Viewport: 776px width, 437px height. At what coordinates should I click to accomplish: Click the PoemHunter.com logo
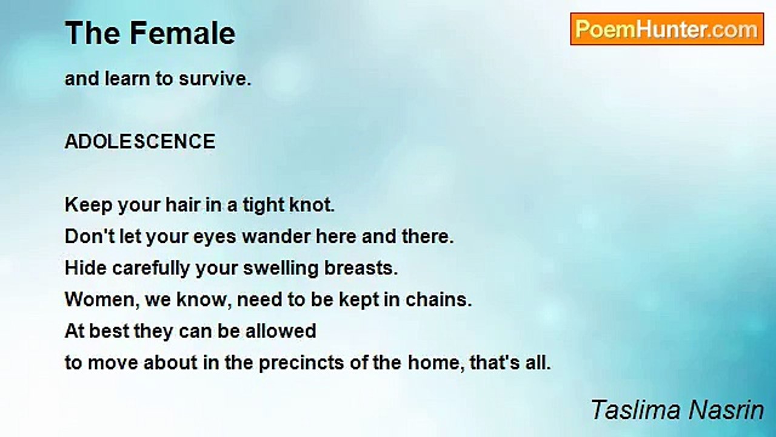pyautogui.click(x=667, y=29)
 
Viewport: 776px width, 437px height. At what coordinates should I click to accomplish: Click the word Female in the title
pyautogui.click(x=182, y=33)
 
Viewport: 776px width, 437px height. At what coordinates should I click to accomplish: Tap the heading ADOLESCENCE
pyautogui.click(x=140, y=141)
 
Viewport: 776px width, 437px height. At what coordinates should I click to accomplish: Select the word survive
pyautogui.click(x=215, y=79)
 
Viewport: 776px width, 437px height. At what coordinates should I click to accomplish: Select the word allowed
pyautogui.click(x=281, y=331)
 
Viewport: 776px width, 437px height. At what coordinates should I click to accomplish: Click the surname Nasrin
pyautogui.click(x=726, y=410)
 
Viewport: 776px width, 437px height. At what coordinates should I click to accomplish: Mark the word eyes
pyautogui.click(x=215, y=237)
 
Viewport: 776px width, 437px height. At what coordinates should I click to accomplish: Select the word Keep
pyautogui.click(x=89, y=205)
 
